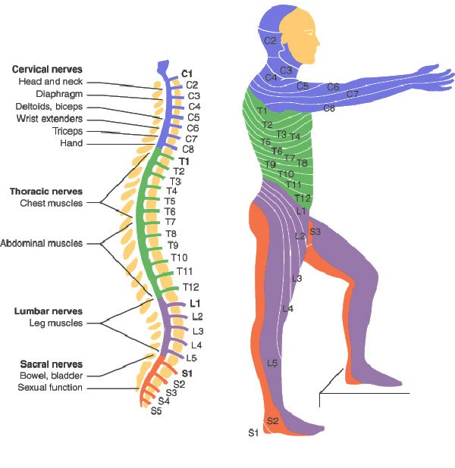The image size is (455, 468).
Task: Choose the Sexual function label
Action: (50, 388)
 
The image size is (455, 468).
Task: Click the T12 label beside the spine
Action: (190, 287)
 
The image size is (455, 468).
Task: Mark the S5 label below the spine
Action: (156, 411)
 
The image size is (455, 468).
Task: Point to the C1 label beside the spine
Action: (187, 73)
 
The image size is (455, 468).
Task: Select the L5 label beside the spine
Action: (192, 357)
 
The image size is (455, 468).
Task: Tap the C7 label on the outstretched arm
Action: (352, 94)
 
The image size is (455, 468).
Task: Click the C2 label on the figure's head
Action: (270, 40)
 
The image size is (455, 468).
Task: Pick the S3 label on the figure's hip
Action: (315, 231)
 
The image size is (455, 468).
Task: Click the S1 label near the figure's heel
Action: (253, 432)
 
